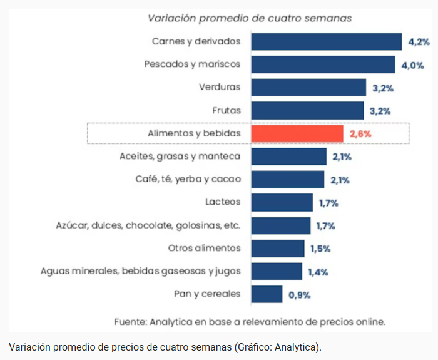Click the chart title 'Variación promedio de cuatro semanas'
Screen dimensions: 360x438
[x=249, y=18]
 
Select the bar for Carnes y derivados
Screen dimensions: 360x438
[x=326, y=42]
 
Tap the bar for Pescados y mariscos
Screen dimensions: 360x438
[x=323, y=64]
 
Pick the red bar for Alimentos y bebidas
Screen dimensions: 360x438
[x=297, y=134]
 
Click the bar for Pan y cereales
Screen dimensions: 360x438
[x=267, y=294]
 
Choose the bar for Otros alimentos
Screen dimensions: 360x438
[x=278, y=249]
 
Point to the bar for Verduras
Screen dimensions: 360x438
[x=308, y=88]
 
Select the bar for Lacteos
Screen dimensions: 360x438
[x=282, y=202]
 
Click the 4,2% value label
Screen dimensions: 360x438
[x=419, y=42]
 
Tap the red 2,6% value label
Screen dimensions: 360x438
[x=360, y=134]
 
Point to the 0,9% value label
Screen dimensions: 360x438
[x=299, y=294]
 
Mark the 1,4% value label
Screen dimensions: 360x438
[x=318, y=272]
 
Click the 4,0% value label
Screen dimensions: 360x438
[x=412, y=64]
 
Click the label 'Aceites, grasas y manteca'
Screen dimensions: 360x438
[x=180, y=157]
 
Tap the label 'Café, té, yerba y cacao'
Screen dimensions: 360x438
[x=188, y=180]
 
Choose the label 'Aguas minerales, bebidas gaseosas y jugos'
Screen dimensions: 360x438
[x=141, y=271]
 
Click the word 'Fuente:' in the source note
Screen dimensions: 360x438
[x=130, y=322]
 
